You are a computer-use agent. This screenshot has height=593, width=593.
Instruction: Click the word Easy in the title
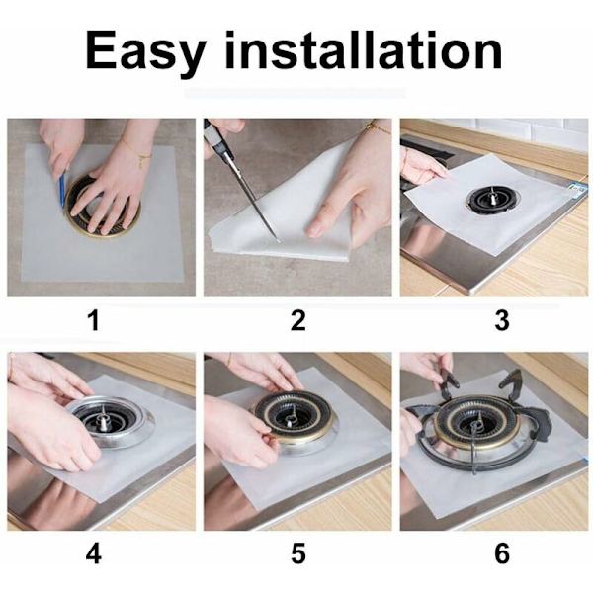[x=145, y=51]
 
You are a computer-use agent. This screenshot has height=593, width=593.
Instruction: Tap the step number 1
[x=94, y=320]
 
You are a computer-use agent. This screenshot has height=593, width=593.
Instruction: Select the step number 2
[x=298, y=320]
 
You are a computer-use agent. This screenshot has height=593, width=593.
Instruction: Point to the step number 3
[x=502, y=320]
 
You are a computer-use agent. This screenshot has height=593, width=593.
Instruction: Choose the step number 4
[x=94, y=554]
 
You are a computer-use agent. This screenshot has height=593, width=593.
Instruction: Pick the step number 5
[x=298, y=554]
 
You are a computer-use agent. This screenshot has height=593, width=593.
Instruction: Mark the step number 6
[x=502, y=554]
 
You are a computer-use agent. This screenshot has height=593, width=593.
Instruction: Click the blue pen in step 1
[x=62, y=188]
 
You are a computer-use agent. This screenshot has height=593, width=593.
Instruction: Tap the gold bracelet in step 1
[x=137, y=152]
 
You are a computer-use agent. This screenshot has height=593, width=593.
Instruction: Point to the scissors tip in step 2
[x=278, y=240]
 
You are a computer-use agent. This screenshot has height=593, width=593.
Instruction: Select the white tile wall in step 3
[x=530, y=133]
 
